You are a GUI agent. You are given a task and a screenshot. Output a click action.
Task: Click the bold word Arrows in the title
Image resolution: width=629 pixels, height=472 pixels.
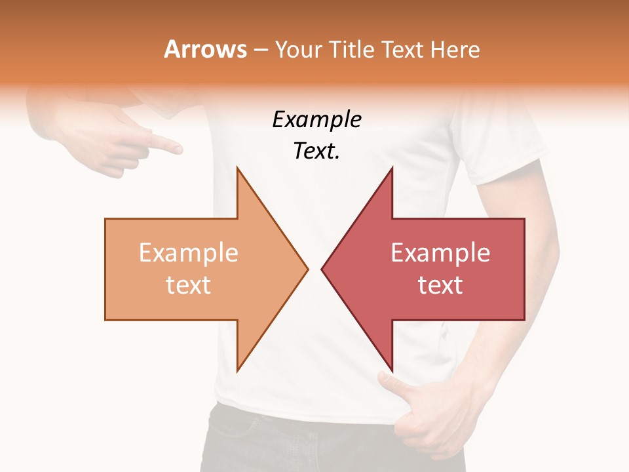[x=205, y=49]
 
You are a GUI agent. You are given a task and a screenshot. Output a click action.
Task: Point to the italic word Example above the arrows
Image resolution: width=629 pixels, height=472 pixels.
[x=316, y=120]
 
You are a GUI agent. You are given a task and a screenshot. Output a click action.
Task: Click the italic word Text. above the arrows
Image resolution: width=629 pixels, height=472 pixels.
[x=316, y=151]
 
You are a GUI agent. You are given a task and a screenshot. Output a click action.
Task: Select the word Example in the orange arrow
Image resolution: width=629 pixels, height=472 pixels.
[x=188, y=253]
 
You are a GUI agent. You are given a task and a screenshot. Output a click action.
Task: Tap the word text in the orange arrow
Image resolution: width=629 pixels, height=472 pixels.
[x=188, y=285]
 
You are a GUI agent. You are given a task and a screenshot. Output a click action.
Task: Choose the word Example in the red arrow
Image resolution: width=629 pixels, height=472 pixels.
[x=440, y=253]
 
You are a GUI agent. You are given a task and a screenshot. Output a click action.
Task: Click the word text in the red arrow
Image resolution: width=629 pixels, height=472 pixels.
[x=440, y=285]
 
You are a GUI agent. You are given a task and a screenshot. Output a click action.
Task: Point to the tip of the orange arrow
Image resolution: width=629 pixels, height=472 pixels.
[x=307, y=269]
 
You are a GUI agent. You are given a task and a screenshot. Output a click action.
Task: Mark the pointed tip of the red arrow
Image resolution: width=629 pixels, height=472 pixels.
[x=322, y=269]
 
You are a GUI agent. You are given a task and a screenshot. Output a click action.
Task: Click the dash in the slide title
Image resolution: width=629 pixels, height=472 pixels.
[x=261, y=50]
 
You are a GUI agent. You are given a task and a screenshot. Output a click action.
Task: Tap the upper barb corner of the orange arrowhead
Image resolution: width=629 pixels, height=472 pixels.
[x=237, y=168]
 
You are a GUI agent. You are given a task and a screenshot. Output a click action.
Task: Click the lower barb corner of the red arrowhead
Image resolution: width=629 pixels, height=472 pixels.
[x=392, y=370]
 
